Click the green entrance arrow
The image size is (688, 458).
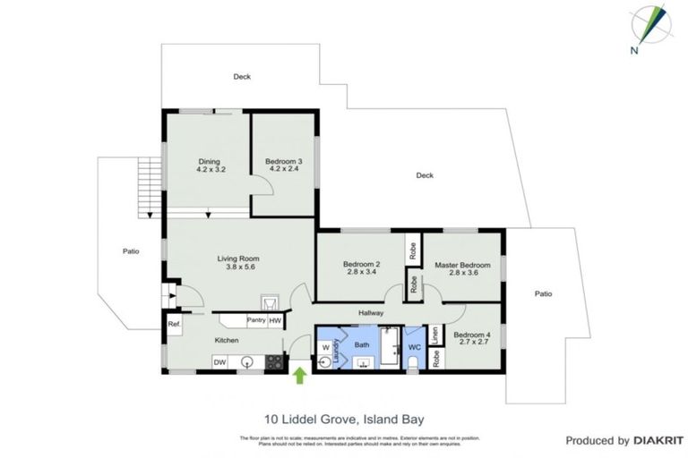(x=299, y=376)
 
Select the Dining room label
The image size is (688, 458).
(x=209, y=162)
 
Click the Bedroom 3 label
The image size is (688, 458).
(x=282, y=162)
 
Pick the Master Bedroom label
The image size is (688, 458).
(x=462, y=265)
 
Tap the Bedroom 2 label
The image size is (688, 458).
(x=362, y=264)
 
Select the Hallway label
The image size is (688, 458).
(x=371, y=313)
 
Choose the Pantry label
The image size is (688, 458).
(x=255, y=320)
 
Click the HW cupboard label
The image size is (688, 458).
(x=276, y=320)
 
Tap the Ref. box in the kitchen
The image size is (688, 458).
(x=174, y=324)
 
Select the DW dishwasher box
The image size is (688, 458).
(x=219, y=361)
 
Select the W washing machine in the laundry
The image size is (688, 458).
(x=324, y=348)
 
